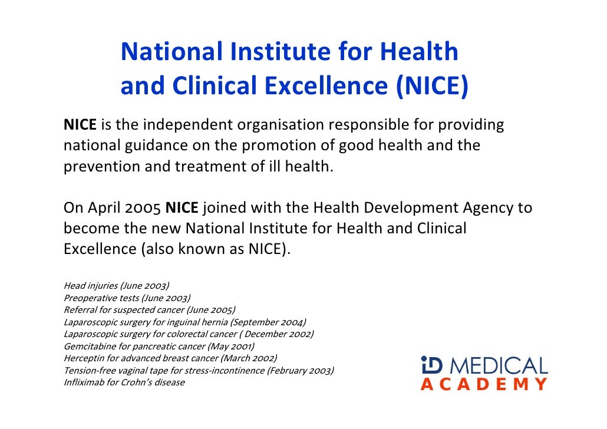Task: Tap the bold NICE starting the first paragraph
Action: pyautogui.click(x=80, y=126)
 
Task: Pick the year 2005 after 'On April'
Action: pyautogui.click(x=143, y=208)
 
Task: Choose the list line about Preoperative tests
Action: pyautogui.click(x=127, y=298)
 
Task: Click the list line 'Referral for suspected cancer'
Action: pyautogui.click(x=149, y=310)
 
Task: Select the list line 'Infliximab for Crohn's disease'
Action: pyautogui.click(x=124, y=382)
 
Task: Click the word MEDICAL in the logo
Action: pyautogui.click(x=500, y=366)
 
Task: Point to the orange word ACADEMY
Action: pyautogui.click(x=484, y=385)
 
